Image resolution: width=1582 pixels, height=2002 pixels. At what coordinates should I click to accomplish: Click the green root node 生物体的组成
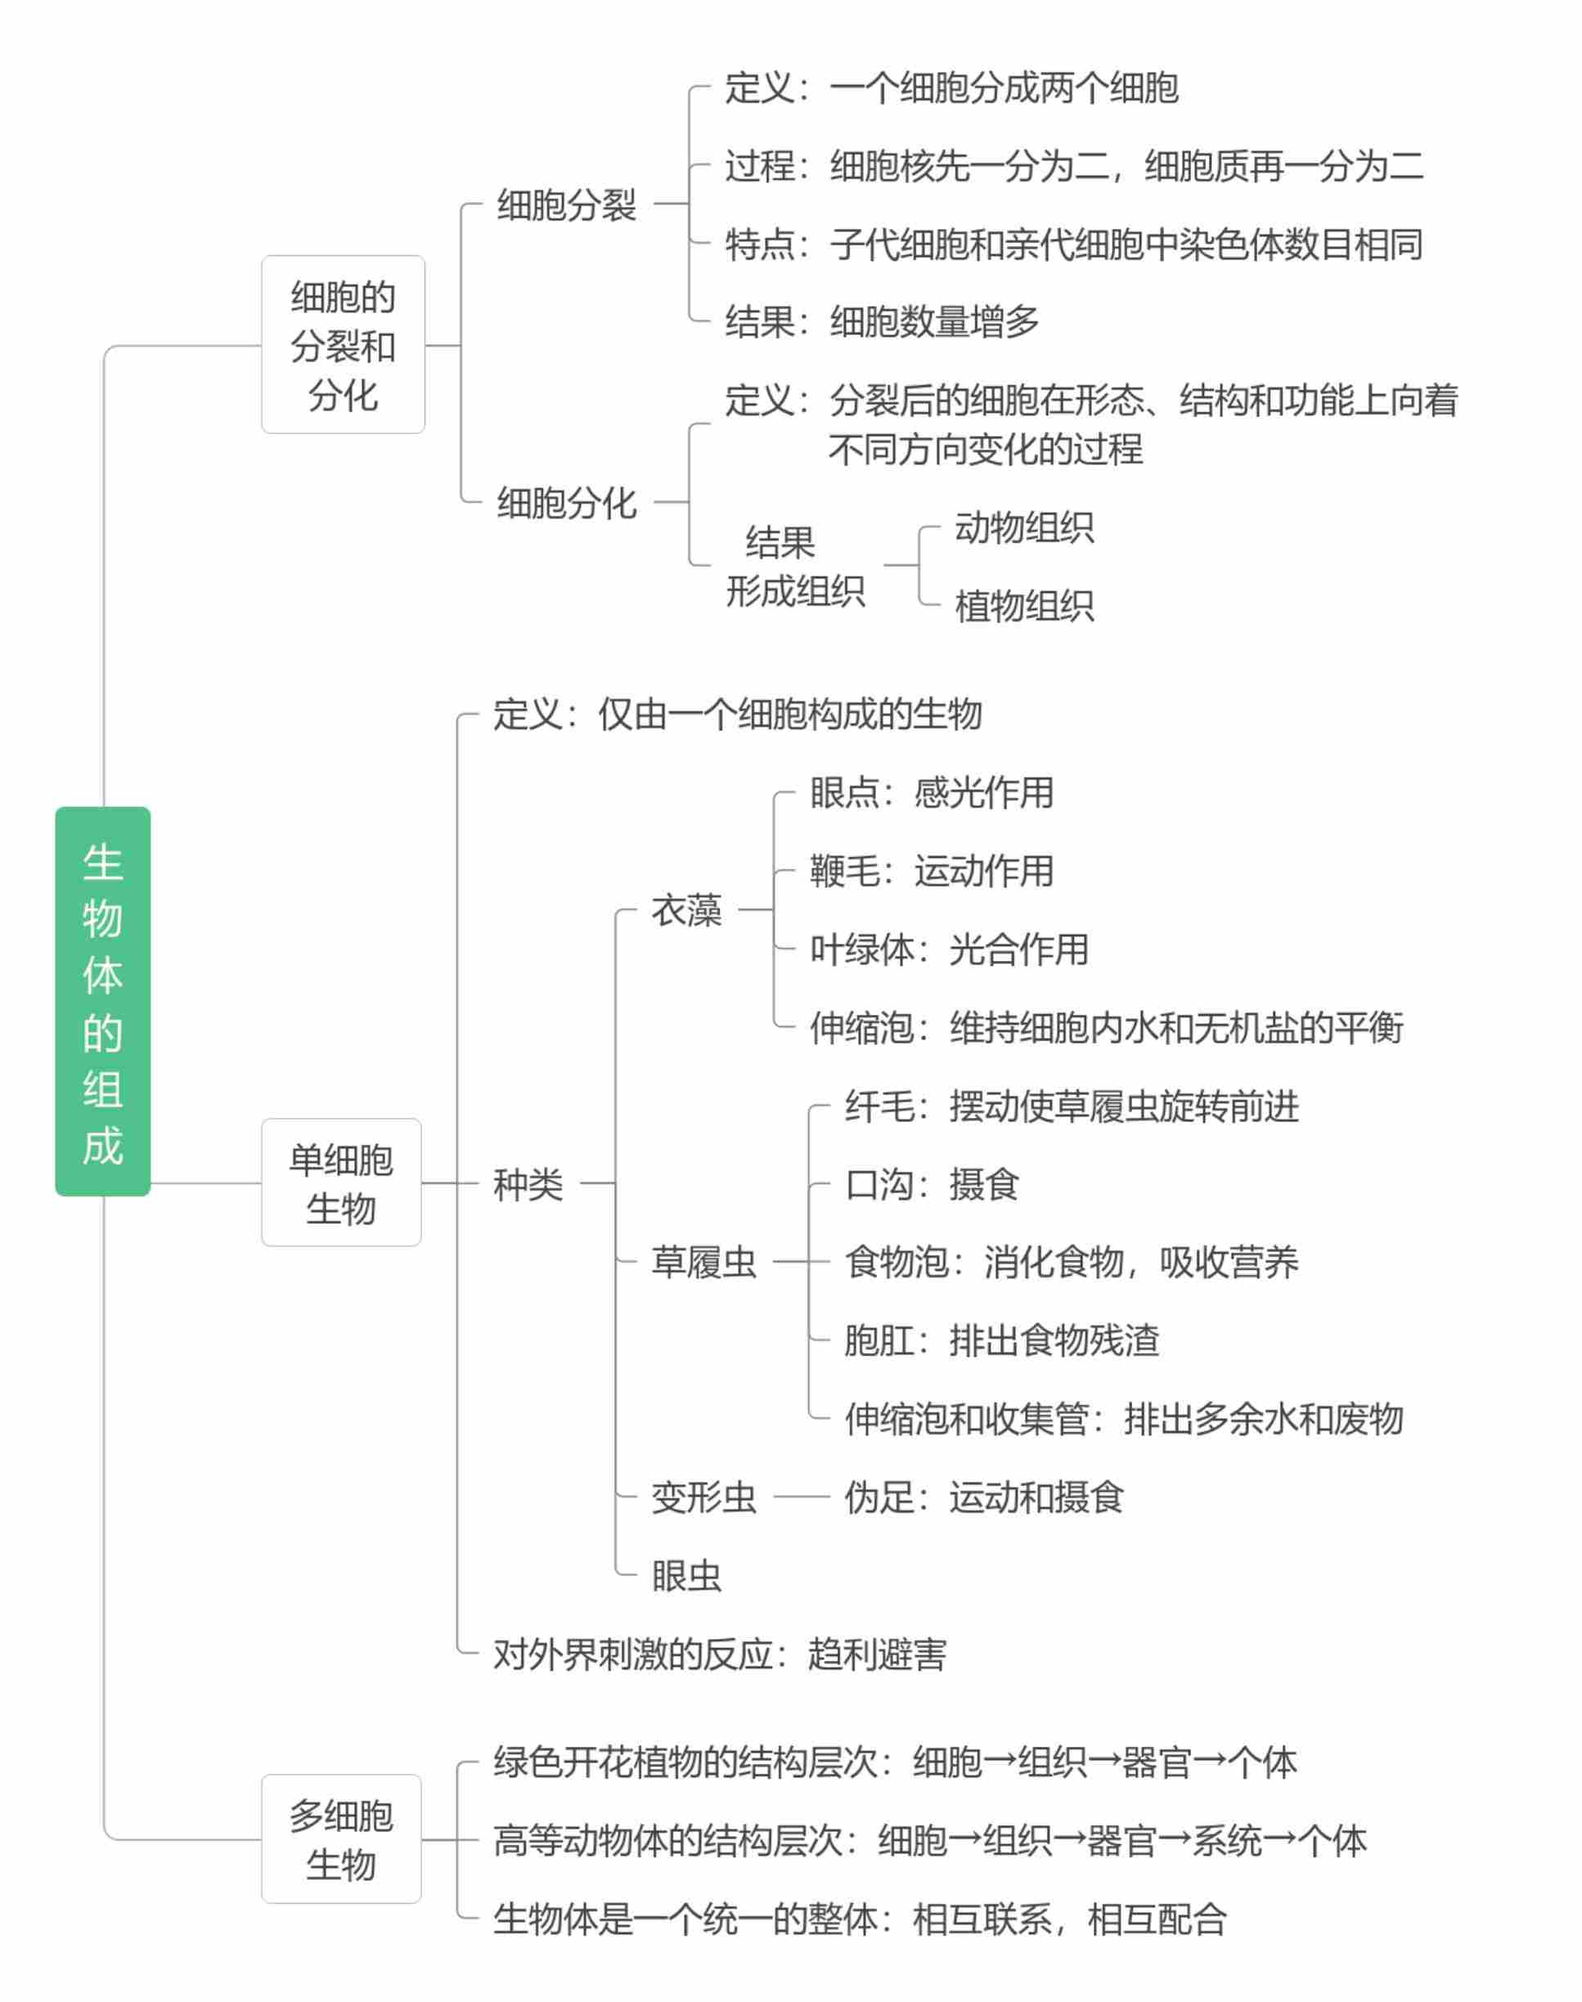pos(103,1001)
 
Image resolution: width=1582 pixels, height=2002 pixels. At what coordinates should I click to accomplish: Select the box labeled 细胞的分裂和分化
pos(343,344)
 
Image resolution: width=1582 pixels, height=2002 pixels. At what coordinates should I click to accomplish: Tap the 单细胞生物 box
pos(341,1183)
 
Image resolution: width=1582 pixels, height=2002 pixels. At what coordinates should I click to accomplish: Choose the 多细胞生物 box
pos(341,1839)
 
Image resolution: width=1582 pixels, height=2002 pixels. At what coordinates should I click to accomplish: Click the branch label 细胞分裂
pos(567,204)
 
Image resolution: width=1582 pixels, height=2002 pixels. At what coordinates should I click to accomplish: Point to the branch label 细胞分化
pos(567,503)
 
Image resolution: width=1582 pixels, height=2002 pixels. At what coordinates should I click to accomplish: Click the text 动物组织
pos(1024,527)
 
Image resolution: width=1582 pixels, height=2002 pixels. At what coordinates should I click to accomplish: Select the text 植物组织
pos(1024,607)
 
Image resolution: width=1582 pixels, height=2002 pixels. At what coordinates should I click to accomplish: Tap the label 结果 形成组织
pos(796,567)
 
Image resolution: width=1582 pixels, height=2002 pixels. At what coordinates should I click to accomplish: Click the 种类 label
pos(528,1184)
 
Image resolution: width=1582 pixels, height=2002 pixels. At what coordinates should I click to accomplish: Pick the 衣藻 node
pos(686,910)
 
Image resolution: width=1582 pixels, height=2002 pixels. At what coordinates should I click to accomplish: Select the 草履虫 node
pos(704,1262)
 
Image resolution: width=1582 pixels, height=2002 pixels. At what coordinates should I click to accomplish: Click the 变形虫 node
pos(704,1497)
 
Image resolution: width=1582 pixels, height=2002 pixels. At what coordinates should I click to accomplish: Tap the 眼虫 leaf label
pos(686,1576)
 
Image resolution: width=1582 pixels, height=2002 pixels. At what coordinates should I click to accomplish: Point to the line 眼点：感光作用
pos(932,792)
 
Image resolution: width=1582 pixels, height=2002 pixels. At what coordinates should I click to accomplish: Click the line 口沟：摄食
pos(932,1184)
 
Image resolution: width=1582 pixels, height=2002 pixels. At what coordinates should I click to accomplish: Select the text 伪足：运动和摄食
pos(985,1497)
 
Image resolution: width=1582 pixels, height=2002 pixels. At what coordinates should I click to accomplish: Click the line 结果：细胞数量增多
pos(883,321)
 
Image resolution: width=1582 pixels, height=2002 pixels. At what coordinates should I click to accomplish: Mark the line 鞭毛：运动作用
pos(932,871)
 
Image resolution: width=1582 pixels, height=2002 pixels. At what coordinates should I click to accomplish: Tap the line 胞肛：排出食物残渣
pos(1002,1341)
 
